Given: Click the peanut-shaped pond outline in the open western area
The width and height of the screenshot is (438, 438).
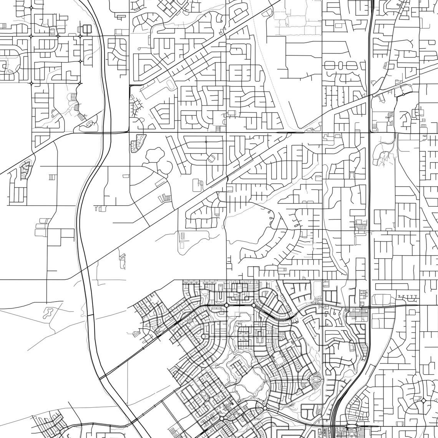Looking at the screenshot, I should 49,312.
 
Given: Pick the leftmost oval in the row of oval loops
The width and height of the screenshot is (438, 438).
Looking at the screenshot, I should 328,65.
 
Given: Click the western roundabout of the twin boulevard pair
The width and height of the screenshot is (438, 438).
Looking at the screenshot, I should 226,305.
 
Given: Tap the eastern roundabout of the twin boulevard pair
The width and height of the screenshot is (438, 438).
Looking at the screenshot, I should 254,305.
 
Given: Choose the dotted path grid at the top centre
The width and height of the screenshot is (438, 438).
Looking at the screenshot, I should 292,19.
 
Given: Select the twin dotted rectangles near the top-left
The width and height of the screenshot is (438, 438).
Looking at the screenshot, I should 85,29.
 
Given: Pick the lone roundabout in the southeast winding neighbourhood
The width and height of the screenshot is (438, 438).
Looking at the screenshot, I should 423,400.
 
